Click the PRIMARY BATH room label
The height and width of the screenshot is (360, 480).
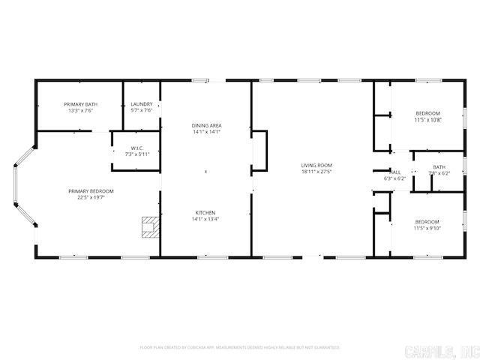80,104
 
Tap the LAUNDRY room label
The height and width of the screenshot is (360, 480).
142,104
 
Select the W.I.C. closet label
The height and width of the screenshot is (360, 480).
137,148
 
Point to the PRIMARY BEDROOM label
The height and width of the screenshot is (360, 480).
91,191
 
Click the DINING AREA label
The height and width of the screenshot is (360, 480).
207,125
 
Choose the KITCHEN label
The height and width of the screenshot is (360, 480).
207,211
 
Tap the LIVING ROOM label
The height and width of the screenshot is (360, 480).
316,165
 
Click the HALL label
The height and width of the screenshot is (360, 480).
394,172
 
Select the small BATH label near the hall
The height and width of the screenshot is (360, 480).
439,166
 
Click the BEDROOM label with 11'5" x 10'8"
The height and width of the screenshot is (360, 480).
427,113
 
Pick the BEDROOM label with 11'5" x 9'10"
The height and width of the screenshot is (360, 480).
427,221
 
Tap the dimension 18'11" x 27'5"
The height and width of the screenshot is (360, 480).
316,172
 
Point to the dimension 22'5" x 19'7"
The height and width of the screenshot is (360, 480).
91,198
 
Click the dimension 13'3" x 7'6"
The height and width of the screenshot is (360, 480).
80,111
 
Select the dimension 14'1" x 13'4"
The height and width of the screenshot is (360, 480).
207,218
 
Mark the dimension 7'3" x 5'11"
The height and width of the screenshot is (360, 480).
137,154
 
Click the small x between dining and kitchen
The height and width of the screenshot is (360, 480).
207,172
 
